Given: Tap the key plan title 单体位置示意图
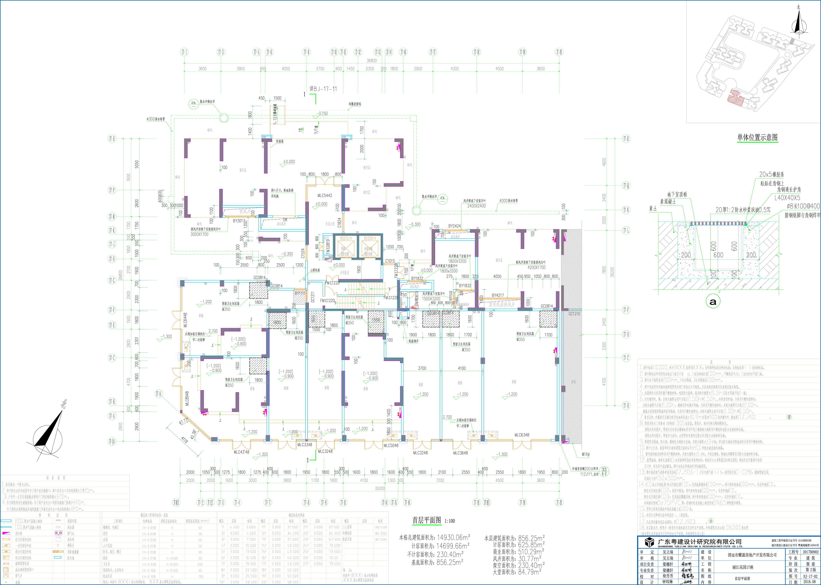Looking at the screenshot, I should point(757,137).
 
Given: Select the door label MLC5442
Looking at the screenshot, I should point(324,196).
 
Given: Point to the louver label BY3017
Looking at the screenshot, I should point(239,221).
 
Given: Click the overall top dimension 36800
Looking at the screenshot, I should point(372,61).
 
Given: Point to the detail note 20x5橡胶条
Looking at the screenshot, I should point(772,174).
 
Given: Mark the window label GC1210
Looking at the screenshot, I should point(574,314).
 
